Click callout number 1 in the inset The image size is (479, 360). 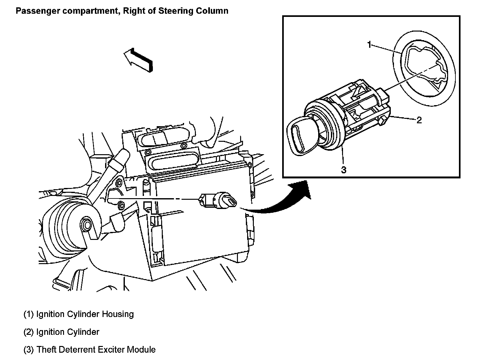[369, 45]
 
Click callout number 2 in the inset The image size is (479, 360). [419, 120]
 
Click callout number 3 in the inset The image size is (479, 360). [344, 170]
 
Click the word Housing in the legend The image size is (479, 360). [118, 314]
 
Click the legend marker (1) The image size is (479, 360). [28, 314]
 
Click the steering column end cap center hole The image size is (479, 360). [86, 225]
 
